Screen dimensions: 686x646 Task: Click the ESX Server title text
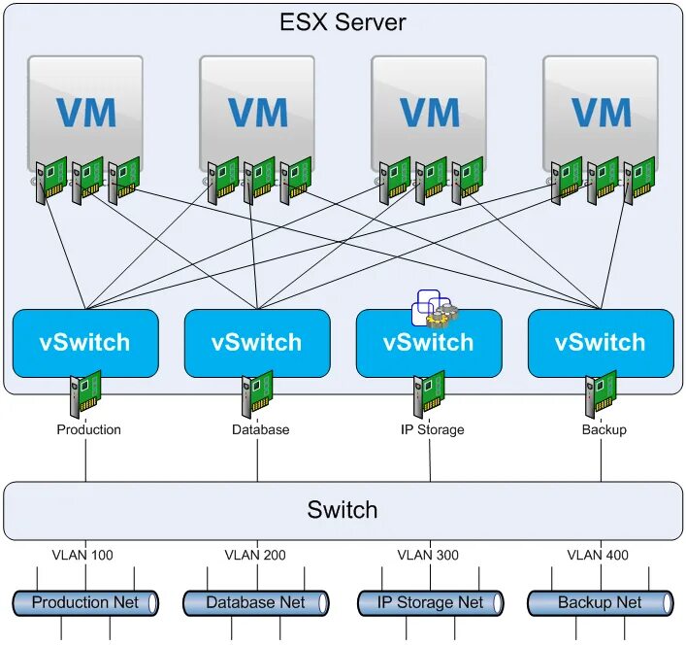tap(343, 22)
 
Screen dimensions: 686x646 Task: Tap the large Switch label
tap(343, 509)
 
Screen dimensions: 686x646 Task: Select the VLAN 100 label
tap(82, 555)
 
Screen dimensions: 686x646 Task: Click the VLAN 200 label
tap(255, 555)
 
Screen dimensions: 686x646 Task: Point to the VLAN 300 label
tap(428, 555)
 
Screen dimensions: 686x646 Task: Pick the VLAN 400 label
tap(598, 555)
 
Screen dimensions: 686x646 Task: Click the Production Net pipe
tap(85, 603)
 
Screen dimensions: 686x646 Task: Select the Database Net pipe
tap(256, 603)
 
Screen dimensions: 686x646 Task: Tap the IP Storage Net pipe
tap(431, 603)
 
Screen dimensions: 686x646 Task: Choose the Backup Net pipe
tap(601, 603)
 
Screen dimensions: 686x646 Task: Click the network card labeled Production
tap(85, 393)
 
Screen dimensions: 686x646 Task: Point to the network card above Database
tap(257, 393)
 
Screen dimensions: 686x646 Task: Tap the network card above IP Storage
tap(429, 393)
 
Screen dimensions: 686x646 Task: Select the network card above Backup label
tap(602, 393)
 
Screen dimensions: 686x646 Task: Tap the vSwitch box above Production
tap(85, 343)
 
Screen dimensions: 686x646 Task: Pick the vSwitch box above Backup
tap(602, 343)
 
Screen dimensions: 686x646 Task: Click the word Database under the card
tap(261, 429)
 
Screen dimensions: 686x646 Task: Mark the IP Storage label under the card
tap(432, 429)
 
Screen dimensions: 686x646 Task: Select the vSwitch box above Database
tap(257, 343)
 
